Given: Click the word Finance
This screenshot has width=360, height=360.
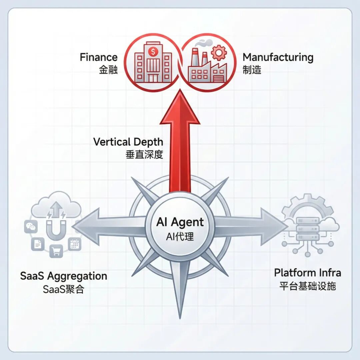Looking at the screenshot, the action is (98, 57).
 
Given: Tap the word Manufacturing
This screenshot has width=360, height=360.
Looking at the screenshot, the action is (278, 57).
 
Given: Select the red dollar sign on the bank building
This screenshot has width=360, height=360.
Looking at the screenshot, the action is (153, 51).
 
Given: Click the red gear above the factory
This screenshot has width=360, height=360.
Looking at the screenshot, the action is (219, 53).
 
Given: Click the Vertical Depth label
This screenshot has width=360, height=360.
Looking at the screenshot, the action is (128, 142).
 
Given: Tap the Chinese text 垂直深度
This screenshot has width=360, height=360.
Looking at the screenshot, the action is (144, 155).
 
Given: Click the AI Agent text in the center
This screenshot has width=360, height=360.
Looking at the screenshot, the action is (180, 222).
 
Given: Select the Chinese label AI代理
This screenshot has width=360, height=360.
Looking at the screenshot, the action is (180, 236).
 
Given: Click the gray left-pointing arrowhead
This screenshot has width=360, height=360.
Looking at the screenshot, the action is (86, 227).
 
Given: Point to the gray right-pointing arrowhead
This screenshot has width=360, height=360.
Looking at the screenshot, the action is (275, 227).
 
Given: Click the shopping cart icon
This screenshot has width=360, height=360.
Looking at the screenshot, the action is (56, 251).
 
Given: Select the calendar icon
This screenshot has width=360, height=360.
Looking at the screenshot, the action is (75, 244).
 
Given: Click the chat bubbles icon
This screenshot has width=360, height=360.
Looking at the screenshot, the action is (31, 227).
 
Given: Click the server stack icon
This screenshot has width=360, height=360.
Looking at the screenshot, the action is (308, 229).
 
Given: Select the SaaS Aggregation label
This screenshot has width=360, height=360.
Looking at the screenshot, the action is (64, 276).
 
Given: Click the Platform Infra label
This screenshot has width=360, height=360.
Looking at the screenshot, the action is (308, 273).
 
